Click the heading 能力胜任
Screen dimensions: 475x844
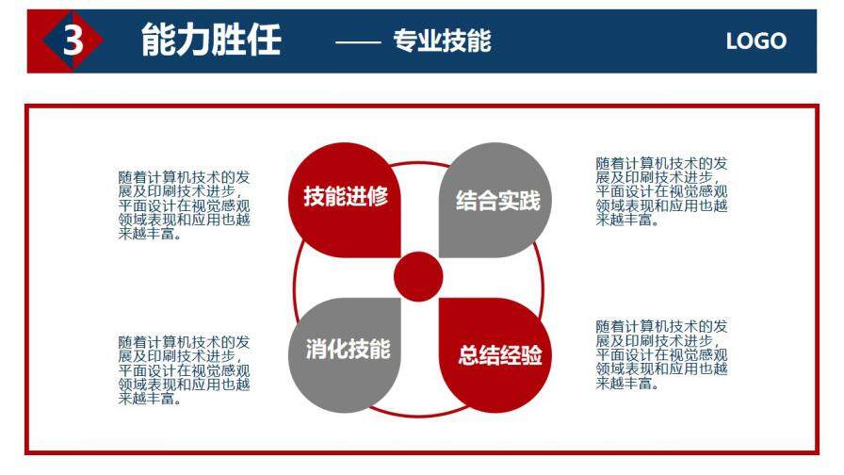coord(211,41)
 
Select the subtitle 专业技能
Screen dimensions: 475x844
coord(442,41)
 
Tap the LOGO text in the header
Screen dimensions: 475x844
coord(755,41)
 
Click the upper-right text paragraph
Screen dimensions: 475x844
coord(661,191)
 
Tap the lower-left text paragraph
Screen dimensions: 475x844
coord(185,369)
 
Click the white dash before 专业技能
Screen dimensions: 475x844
coord(359,41)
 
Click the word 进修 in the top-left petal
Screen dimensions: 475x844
coord(367,197)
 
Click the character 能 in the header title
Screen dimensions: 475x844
coord(158,41)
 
